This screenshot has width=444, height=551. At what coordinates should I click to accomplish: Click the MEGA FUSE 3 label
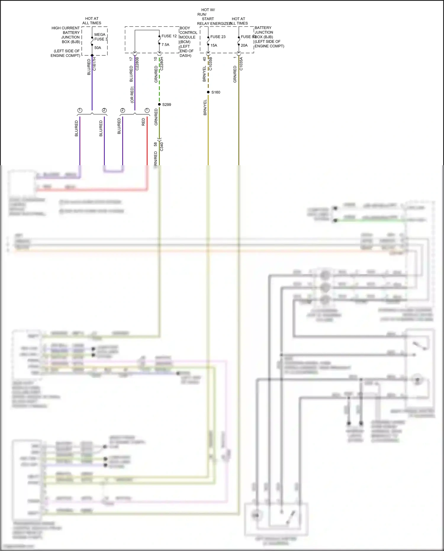coord(100,37)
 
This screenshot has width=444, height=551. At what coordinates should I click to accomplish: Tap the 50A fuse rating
coord(98,48)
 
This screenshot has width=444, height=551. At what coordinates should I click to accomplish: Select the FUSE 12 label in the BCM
coord(169,36)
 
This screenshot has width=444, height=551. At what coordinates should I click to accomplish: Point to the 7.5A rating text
coord(165,45)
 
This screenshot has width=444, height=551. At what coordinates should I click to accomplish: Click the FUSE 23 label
coord(218,37)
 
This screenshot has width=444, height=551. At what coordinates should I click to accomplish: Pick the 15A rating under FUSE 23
coord(214,45)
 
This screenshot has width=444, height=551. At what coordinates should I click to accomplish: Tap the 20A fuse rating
coord(244,45)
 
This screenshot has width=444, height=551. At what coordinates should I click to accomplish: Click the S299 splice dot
coord(159,105)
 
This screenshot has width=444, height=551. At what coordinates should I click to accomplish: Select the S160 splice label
coord(216,92)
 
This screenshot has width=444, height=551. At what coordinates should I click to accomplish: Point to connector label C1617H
coord(94,64)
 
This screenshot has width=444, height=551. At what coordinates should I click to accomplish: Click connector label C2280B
coord(137,64)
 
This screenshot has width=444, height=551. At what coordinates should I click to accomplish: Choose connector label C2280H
coord(162,64)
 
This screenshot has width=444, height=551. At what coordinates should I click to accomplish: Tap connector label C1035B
coord(210,64)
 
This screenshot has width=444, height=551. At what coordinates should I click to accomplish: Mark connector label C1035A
coord(241,64)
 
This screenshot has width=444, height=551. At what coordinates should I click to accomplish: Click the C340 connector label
coord(162,147)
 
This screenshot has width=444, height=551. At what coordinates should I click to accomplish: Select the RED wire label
coord(144,122)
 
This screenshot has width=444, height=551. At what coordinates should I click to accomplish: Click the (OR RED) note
coord(132,95)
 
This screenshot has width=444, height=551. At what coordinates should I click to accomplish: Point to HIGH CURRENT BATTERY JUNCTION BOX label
coord(66,35)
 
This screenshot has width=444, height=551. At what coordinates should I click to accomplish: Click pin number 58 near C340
coord(156,144)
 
